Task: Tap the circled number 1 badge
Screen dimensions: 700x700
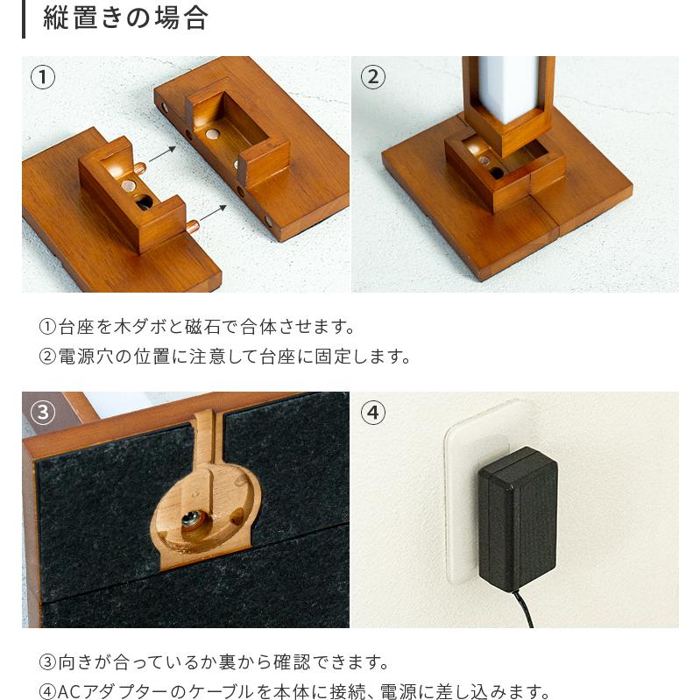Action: (x=43, y=76)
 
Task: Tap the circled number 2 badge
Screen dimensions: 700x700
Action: (x=372, y=76)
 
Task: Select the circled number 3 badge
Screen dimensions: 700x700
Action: (x=43, y=412)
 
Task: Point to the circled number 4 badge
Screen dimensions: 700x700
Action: (x=372, y=412)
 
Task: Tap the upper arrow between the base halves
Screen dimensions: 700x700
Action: (x=161, y=155)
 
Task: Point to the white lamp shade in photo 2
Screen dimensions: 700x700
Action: (x=508, y=88)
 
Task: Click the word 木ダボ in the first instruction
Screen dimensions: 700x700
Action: (x=138, y=328)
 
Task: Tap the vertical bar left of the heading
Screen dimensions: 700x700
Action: (x=25, y=18)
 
